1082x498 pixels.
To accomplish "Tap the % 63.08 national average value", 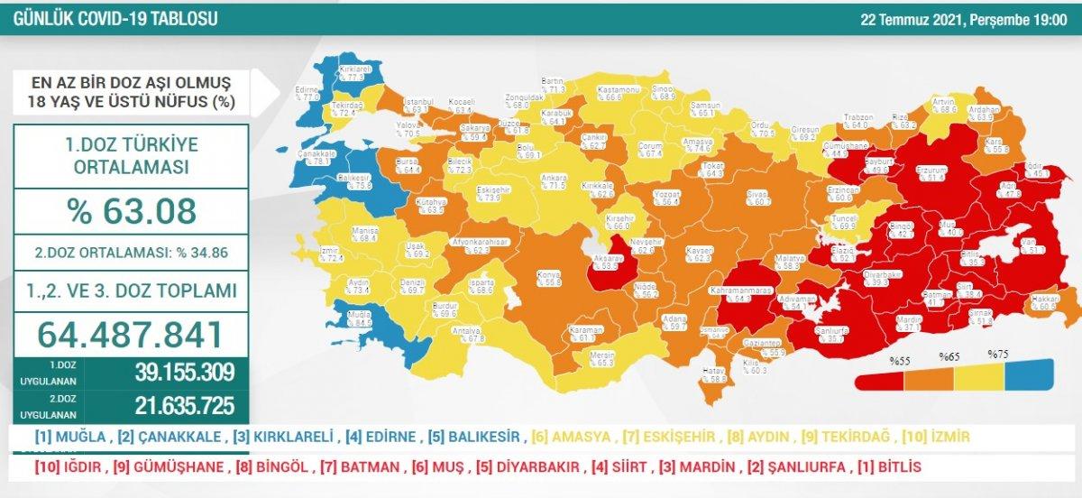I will point(131,210).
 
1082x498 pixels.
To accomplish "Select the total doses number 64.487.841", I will point(131,334).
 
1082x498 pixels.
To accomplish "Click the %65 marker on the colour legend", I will point(948,356).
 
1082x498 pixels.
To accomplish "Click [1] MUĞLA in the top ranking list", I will point(66,438).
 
